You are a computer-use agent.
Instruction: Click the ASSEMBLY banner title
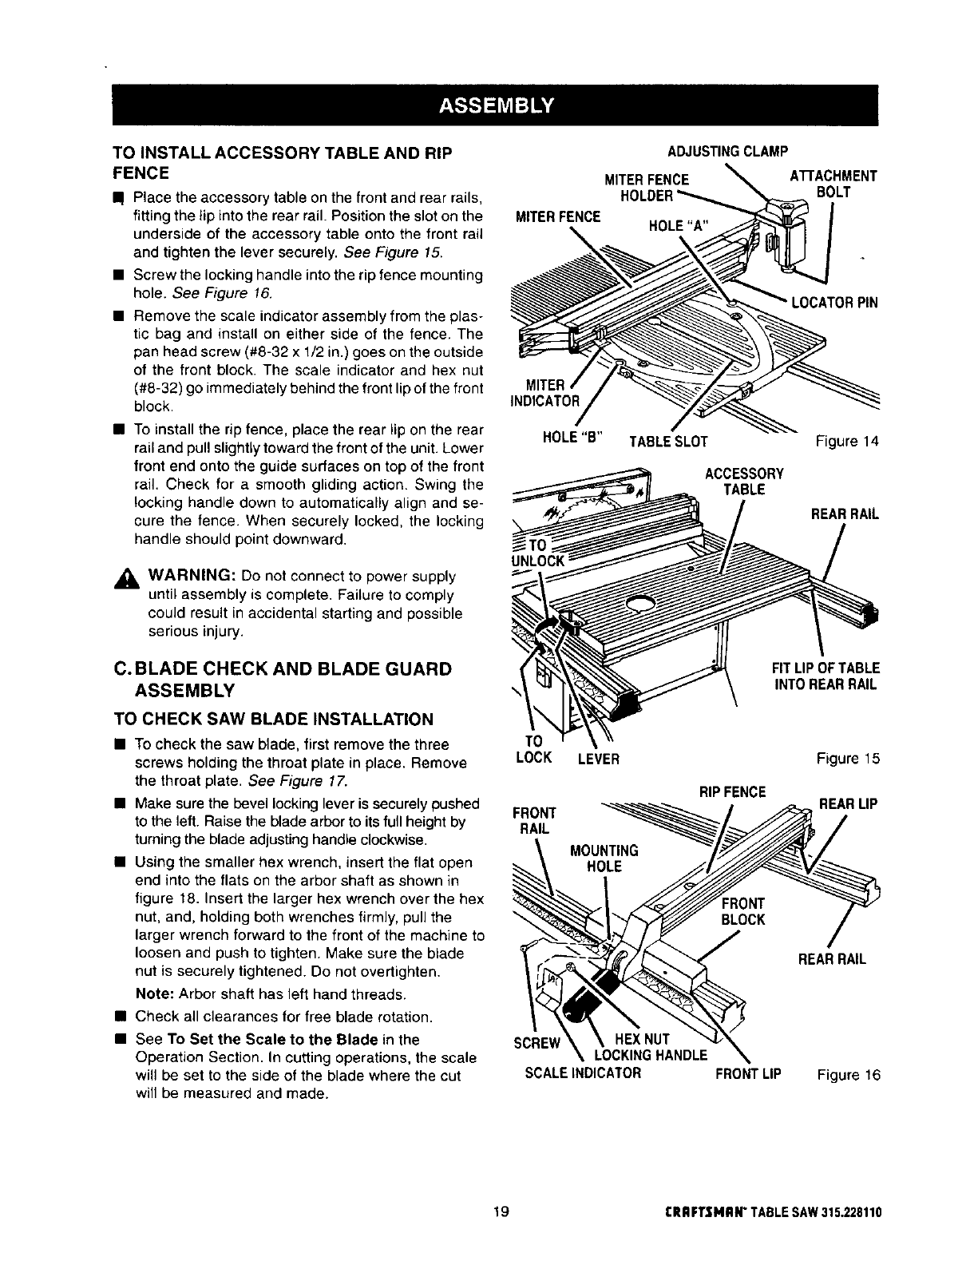click(494, 105)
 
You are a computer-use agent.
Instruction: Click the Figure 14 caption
click(847, 441)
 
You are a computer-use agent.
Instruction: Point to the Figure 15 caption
click(848, 759)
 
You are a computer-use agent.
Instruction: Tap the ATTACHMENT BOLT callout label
click(833, 184)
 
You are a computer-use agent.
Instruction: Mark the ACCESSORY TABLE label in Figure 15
click(744, 481)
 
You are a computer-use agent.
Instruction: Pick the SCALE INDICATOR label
click(583, 1073)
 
